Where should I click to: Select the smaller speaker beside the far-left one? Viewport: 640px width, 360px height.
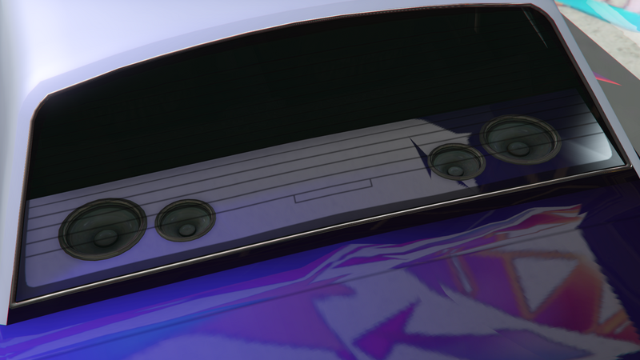186,220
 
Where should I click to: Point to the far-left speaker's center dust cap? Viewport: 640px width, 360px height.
103,237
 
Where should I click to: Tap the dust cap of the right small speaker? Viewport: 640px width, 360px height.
456,170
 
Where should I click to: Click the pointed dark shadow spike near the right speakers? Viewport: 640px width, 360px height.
418,148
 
